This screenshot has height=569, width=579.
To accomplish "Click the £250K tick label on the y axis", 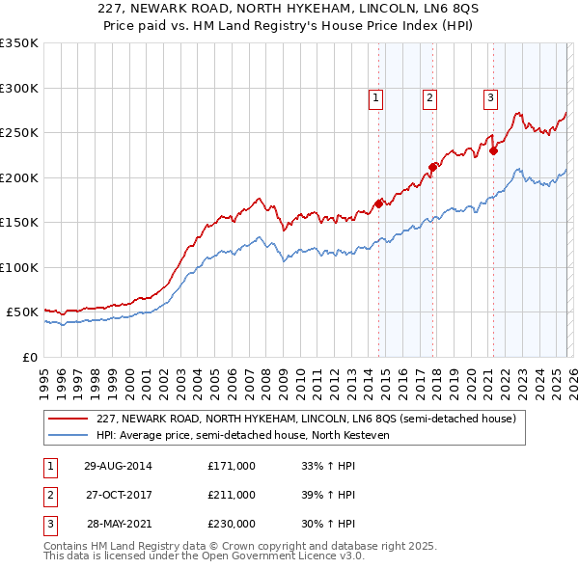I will pyautogui.click(x=19, y=133).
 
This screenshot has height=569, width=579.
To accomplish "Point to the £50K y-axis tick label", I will pyautogui.click(x=22, y=312).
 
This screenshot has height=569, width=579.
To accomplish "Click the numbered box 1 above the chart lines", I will pyautogui.click(x=374, y=96).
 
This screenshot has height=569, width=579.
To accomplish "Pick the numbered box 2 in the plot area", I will pyautogui.click(x=428, y=96).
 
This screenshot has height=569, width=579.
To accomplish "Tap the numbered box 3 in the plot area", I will pyautogui.click(x=490, y=96).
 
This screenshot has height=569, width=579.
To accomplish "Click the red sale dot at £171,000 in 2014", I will pyautogui.click(x=379, y=203).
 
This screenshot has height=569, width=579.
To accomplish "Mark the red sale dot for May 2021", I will pyautogui.click(x=493, y=150).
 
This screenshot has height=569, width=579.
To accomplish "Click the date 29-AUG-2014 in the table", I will pyautogui.click(x=118, y=466).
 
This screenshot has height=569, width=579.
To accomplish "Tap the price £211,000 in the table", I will pyautogui.click(x=232, y=495).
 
